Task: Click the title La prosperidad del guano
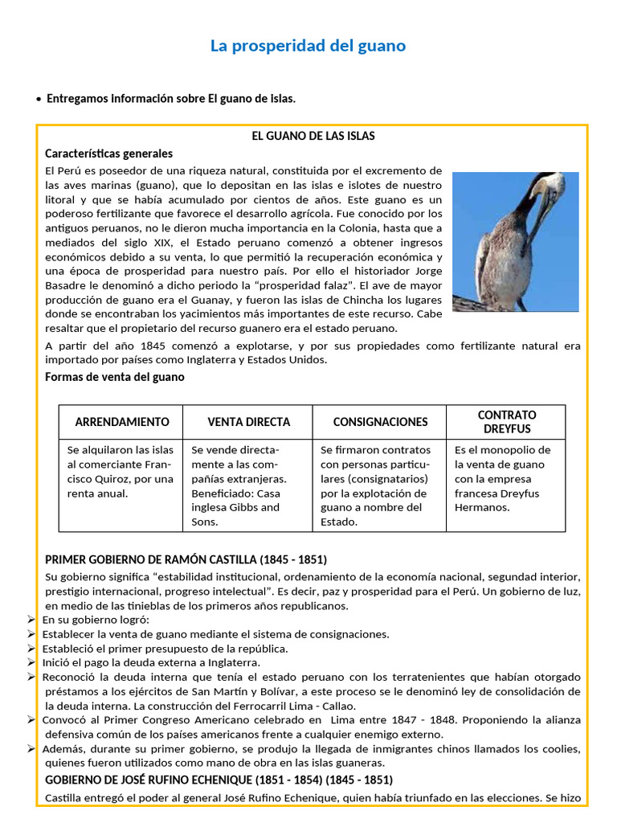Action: click(308, 46)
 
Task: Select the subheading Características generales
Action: click(108, 153)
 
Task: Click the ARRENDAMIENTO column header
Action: click(122, 422)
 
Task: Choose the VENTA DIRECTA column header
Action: click(249, 422)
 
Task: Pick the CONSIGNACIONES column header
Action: click(380, 422)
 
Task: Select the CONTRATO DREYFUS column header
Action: click(507, 422)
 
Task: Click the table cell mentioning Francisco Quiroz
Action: click(121, 472)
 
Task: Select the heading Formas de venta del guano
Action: click(115, 377)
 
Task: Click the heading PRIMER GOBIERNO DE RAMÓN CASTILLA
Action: click(186, 559)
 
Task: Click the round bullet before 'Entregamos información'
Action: click(39, 99)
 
